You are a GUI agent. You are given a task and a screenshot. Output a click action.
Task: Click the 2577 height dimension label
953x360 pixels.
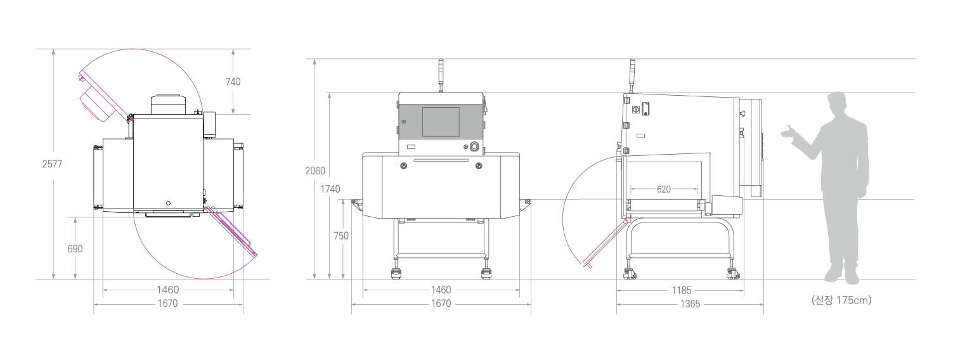[53, 164]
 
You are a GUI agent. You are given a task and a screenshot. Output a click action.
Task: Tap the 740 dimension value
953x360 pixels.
[233, 82]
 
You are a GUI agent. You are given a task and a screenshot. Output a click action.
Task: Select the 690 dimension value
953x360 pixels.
[75, 248]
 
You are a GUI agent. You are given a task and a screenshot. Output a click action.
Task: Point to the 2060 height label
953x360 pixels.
[315, 171]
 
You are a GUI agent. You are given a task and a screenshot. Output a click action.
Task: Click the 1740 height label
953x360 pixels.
[330, 189]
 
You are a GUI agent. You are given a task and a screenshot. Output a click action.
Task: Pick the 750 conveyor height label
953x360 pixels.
[341, 236]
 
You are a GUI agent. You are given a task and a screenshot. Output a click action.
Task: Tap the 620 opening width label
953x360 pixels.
[664, 189]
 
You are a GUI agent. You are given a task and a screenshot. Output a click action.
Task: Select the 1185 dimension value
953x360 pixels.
[682, 290]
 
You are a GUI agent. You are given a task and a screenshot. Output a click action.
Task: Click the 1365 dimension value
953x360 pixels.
[690, 304]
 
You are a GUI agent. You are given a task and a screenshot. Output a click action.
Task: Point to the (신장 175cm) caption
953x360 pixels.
[841, 300]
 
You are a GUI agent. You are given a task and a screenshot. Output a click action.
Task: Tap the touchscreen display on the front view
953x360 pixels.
[441, 122]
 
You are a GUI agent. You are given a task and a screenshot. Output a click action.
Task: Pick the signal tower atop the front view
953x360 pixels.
[441, 75]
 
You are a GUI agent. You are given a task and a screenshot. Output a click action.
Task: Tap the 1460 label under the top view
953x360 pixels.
[167, 290]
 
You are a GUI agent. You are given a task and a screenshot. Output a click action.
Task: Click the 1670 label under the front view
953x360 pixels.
[441, 304]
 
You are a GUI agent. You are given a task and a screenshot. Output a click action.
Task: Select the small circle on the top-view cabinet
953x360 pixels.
[168, 203]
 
